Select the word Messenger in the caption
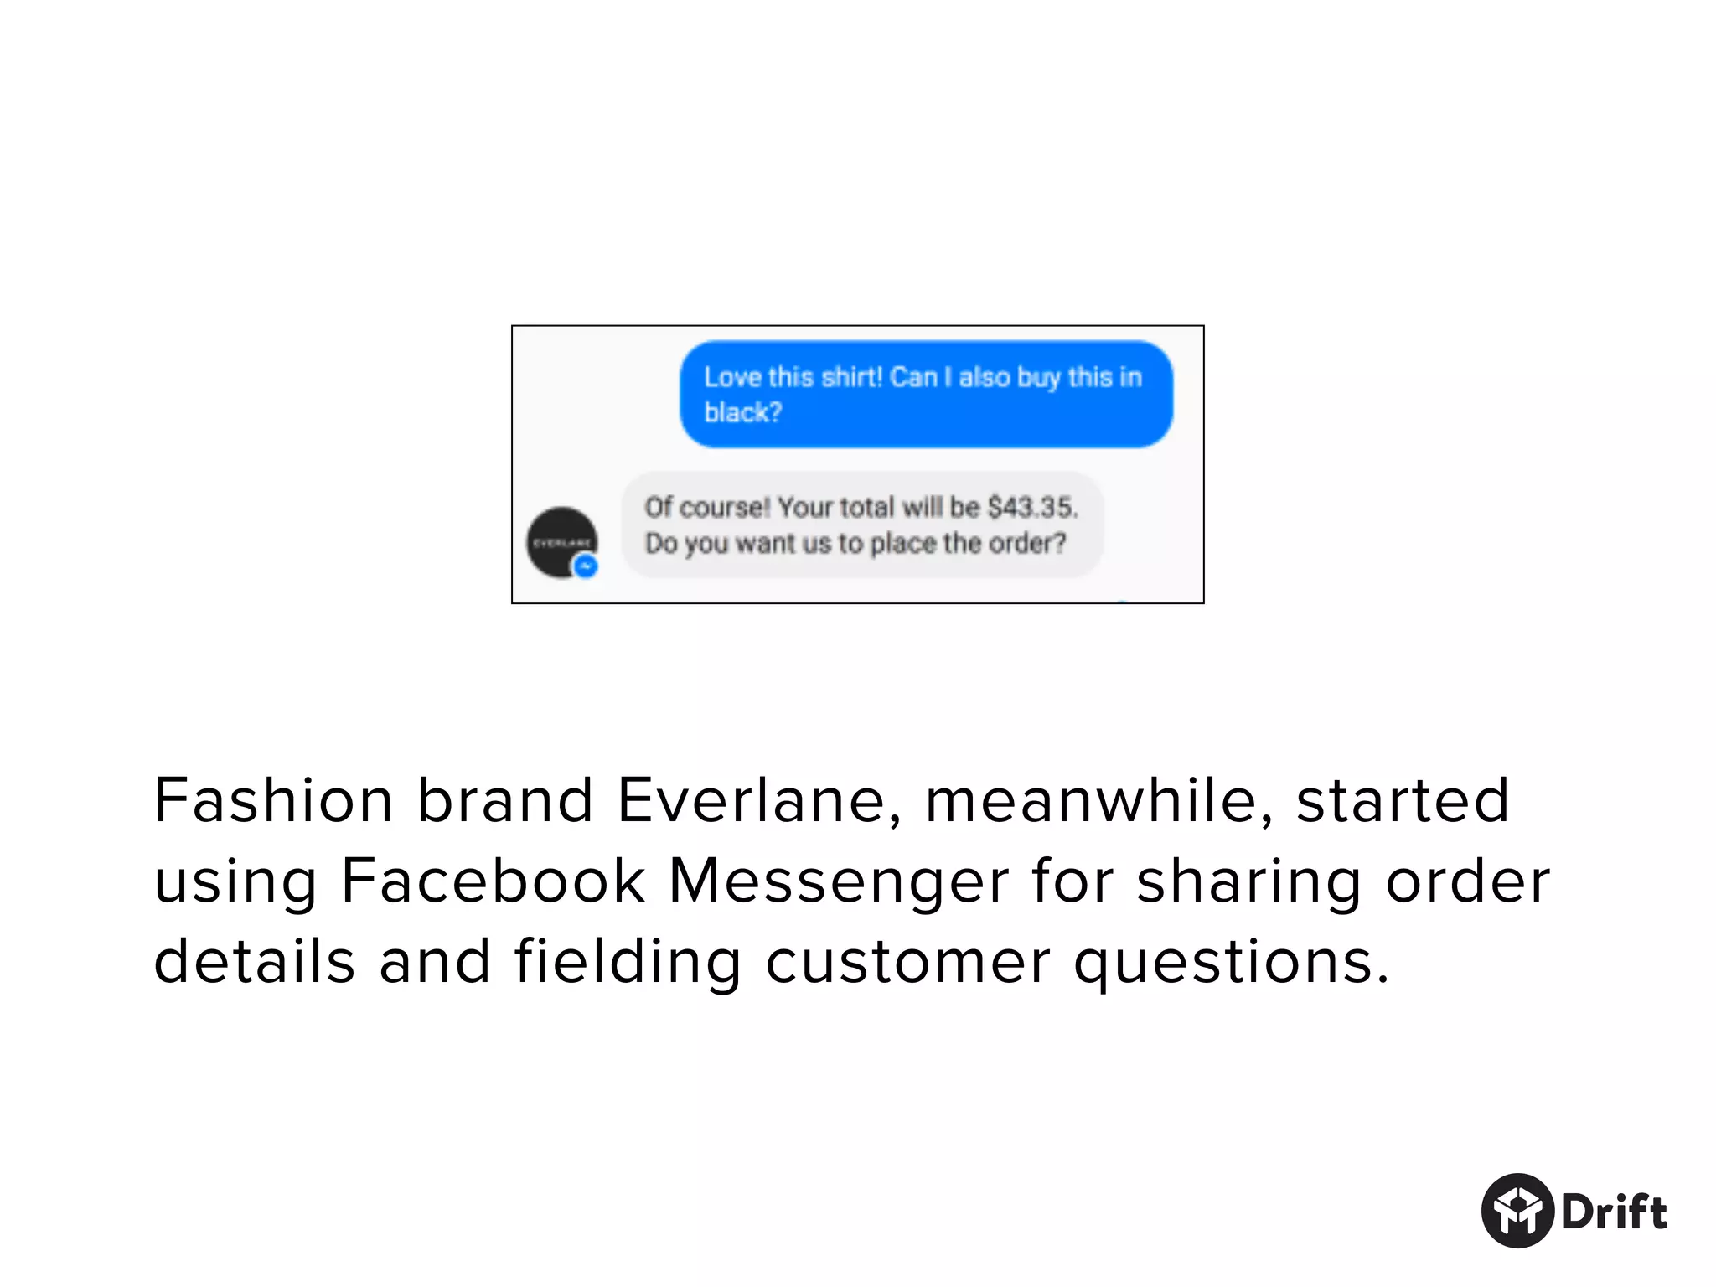(x=839, y=882)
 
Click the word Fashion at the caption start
(x=273, y=800)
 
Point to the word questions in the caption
(x=1232, y=963)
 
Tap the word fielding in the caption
(x=628, y=963)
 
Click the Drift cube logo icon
(x=1517, y=1211)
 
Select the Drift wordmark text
(x=1614, y=1212)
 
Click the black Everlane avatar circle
(x=561, y=541)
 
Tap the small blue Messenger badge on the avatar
(x=586, y=567)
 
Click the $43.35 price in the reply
(x=1031, y=507)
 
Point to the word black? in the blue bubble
(x=742, y=412)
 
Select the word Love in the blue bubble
(x=732, y=377)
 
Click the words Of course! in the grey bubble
(x=706, y=507)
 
